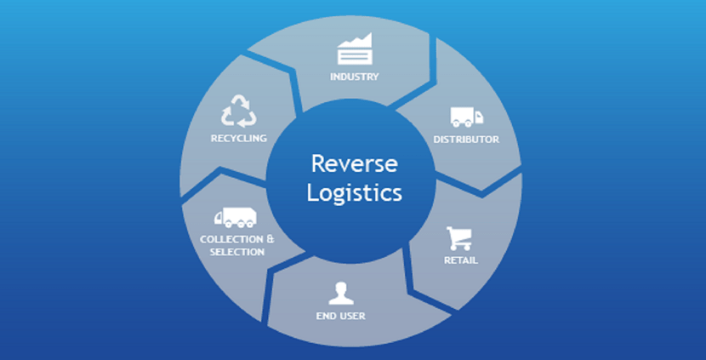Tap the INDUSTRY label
click(354, 77)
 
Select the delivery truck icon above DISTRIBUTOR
click(465, 117)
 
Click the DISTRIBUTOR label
click(466, 139)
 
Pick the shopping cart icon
click(459, 238)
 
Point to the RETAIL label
click(460, 260)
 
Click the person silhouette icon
click(340, 294)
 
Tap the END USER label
click(340, 317)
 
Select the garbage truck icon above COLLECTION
click(235, 218)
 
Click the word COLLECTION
click(226, 239)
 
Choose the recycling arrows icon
click(239, 111)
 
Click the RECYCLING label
click(239, 138)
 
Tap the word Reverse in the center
click(354, 163)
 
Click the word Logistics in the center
click(354, 192)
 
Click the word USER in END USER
click(351, 317)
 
